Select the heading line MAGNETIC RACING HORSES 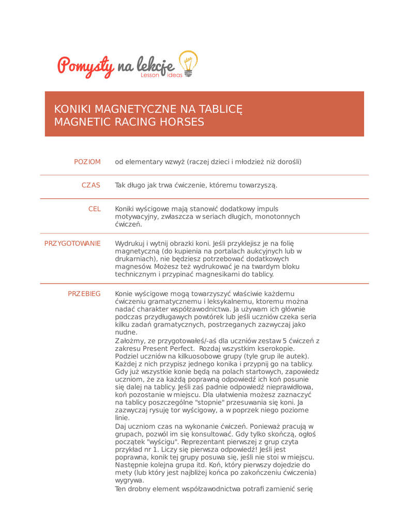[129, 122]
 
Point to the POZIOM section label [87, 162]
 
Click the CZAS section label [91, 185]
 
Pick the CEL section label [95, 209]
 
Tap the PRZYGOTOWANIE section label [72, 243]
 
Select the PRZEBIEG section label [84, 293]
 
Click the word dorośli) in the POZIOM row [287, 162]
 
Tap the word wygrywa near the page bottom [129, 480]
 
